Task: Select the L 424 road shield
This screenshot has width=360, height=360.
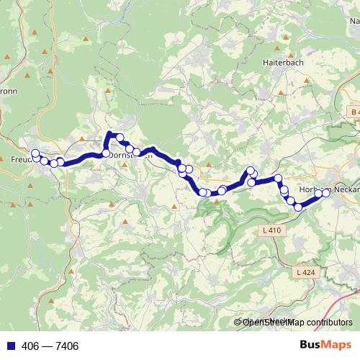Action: pos(305,274)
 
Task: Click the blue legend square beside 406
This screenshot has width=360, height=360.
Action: pos(8,346)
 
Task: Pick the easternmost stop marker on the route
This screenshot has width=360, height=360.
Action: pos(325,192)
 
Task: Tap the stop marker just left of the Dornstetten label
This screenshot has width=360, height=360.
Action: pos(107,153)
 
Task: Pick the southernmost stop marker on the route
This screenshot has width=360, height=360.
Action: pos(298,208)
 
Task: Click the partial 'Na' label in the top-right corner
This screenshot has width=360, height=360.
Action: pos(354,21)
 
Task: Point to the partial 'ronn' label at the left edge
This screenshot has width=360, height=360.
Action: pos(7,91)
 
